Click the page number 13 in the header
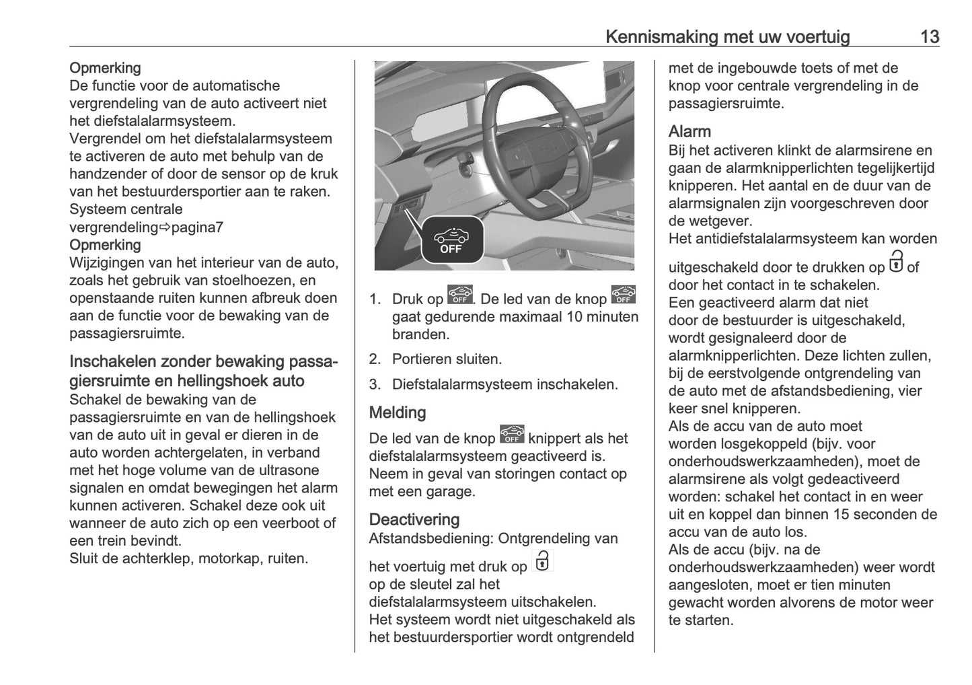[x=929, y=36]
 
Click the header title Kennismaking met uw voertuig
[x=727, y=36]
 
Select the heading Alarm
[x=689, y=131]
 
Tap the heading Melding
[x=398, y=412]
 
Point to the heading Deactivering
[x=414, y=519]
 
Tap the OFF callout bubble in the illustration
[x=452, y=240]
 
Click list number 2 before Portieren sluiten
[x=375, y=360]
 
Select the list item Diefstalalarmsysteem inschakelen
[x=504, y=385]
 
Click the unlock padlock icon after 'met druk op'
[x=542, y=561]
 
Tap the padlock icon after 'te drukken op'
[x=896, y=262]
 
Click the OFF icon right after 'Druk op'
[x=459, y=295]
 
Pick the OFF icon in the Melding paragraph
[x=512, y=435]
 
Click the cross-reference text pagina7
[x=197, y=227]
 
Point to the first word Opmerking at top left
[x=105, y=68]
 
